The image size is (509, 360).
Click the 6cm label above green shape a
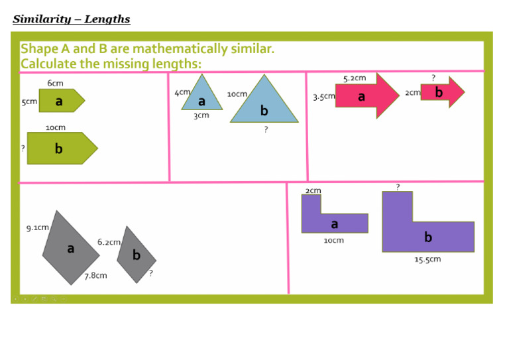point(55,83)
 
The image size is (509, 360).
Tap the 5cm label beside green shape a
point(29,101)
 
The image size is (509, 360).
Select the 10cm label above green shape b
point(56,127)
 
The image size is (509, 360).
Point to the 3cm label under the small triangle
point(201,115)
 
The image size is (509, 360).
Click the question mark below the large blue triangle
point(266,129)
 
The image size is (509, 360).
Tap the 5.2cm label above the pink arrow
point(355,78)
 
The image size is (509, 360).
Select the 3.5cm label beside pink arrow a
point(323,96)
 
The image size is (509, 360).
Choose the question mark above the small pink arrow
point(433,78)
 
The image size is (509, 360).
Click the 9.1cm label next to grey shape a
point(37,227)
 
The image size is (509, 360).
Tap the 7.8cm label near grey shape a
point(95,276)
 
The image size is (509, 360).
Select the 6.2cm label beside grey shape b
point(109,242)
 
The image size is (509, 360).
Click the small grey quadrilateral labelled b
point(137,255)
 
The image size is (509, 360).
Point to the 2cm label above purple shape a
point(313,190)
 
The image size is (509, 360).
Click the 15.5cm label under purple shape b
point(427,259)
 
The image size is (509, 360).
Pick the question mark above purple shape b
point(398,187)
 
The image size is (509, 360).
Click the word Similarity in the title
point(42,19)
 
